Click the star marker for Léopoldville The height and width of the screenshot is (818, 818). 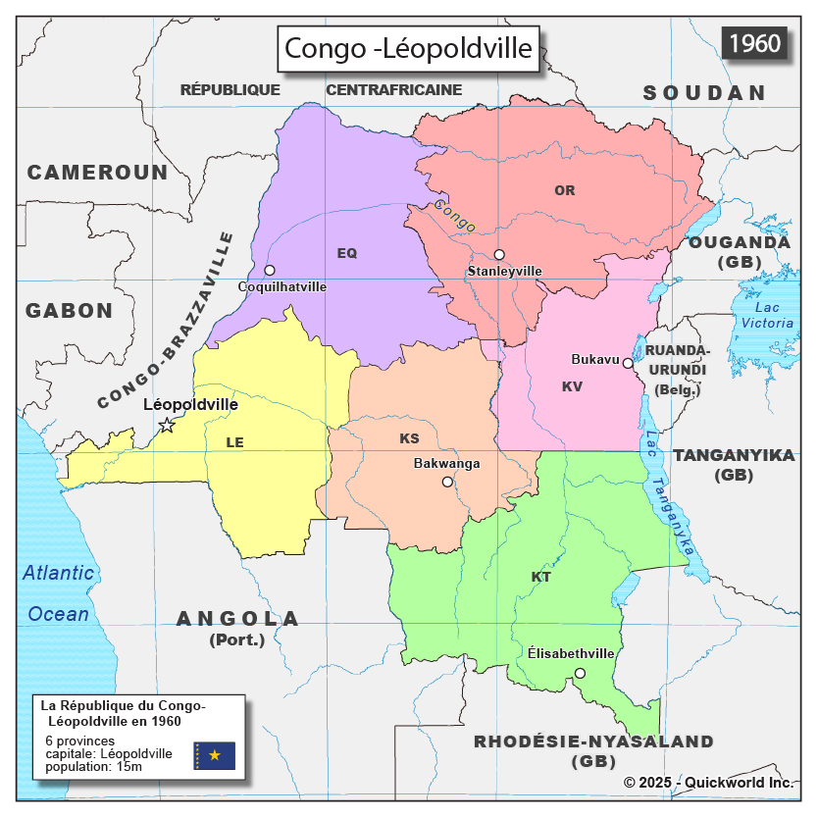pyautogui.click(x=167, y=425)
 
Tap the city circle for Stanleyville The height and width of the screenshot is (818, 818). pyautogui.click(x=499, y=255)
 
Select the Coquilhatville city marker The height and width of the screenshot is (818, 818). pyautogui.click(x=270, y=270)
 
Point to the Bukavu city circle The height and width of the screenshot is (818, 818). pyautogui.click(x=628, y=363)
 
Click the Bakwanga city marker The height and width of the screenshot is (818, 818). pyautogui.click(x=447, y=482)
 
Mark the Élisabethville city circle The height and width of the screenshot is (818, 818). pyautogui.click(x=580, y=673)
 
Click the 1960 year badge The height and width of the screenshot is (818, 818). pyautogui.click(x=755, y=43)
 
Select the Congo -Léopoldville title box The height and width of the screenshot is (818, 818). pyautogui.click(x=408, y=48)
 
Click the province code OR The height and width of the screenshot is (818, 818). pyautogui.click(x=565, y=190)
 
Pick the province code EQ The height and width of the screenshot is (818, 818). pyautogui.click(x=347, y=253)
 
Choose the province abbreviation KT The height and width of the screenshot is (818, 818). pyautogui.click(x=541, y=577)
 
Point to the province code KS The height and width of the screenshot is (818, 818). pyautogui.click(x=409, y=437)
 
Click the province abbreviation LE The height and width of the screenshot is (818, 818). pyautogui.click(x=234, y=442)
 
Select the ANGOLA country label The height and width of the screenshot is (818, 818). pyautogui.click(x=237, y=619)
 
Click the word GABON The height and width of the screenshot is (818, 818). pyautogui.click(x=70, y=311)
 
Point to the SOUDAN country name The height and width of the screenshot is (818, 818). pyautogui.click(x=703, y=93)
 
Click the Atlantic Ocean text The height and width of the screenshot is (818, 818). pyautogui.click(x=59, y=593)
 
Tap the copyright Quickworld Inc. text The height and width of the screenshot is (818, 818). pyautogui.click(x=707, y=783)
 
